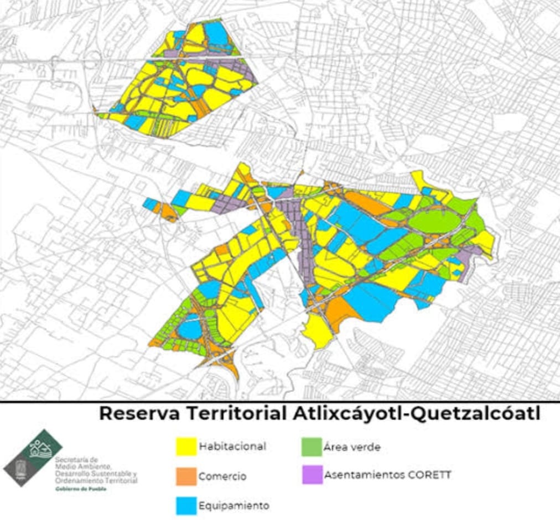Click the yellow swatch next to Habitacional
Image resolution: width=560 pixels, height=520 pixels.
pyautogui.click(x=186, y=447)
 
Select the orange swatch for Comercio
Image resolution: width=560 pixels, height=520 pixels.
pyautogui.click(x=186, y=476)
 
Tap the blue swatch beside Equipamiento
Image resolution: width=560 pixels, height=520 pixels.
pyautogui.click(x=186, y=506)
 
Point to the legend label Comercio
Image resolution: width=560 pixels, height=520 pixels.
pyautogui.click(x=222, y=476)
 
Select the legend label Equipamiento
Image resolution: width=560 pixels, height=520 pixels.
pyautogui.click(x=234, y=506)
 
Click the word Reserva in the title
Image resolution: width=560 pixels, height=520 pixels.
pyautogui.click(x=139, y=414)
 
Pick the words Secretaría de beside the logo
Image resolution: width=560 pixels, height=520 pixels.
pyautogui.click(x=77, y=459)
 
